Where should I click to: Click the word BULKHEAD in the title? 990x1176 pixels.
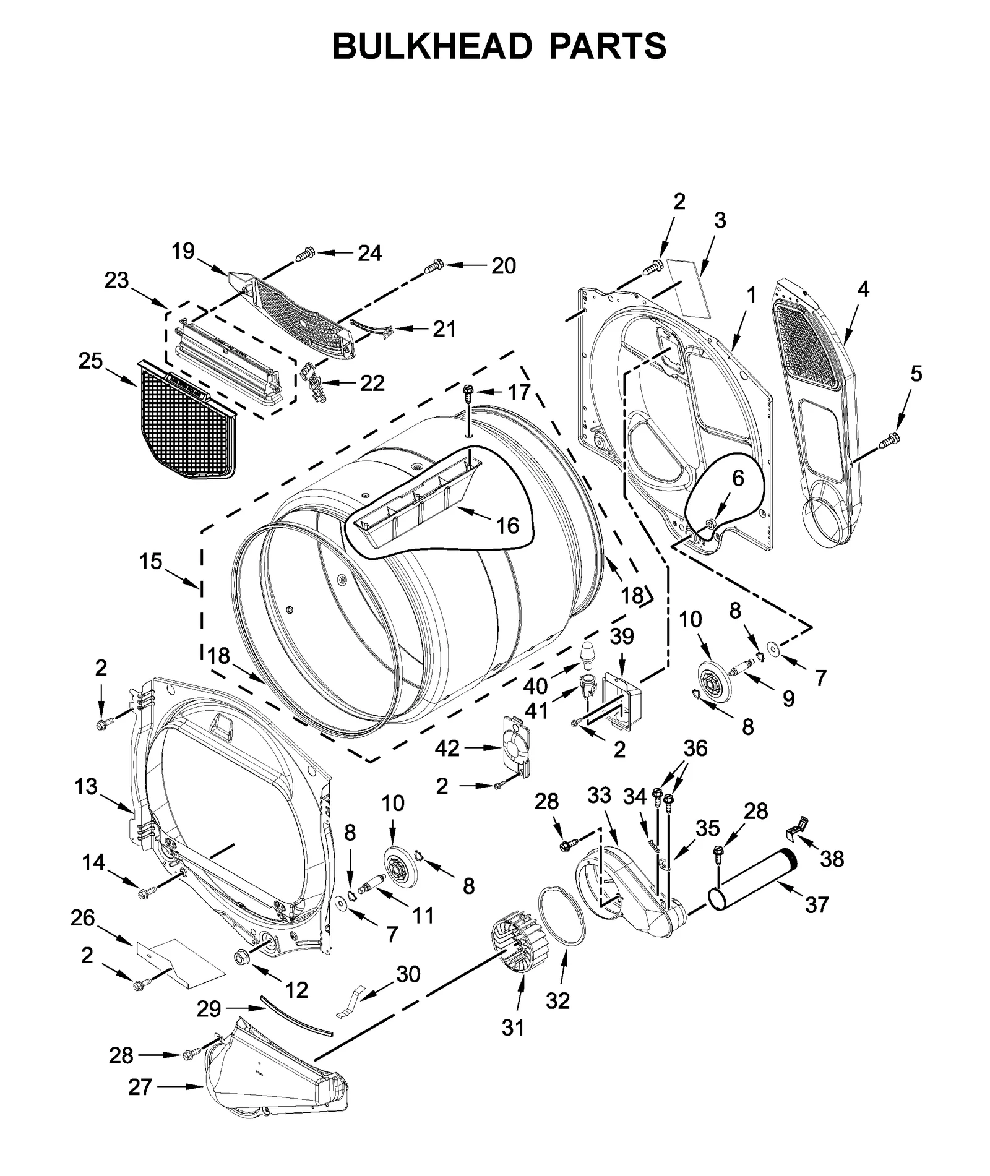432,46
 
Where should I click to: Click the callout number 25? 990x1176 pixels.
90,361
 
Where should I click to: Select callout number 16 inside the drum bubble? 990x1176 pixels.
507,525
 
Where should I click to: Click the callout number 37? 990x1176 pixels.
817,905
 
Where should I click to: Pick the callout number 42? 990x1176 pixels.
447,749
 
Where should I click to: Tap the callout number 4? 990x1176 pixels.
863,288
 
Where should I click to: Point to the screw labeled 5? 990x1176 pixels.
891,440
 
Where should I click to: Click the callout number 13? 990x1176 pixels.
86,787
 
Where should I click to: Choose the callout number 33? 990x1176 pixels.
599,795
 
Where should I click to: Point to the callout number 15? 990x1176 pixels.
150,562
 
